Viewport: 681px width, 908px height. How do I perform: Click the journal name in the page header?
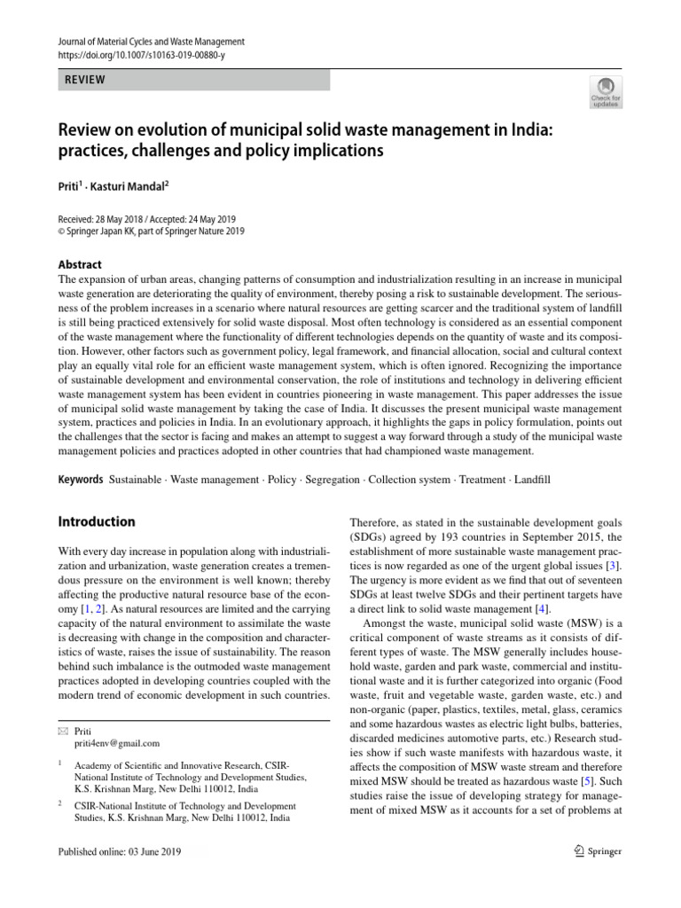point(150,42)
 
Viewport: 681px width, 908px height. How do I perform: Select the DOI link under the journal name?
point(142,55)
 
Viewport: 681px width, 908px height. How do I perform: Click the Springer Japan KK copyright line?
point(151,232)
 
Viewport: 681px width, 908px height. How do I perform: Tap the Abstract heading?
point(80,264)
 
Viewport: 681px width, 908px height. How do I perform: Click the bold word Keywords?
point(81,480)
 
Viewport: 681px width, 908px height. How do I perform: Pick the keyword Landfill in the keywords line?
point(531,480)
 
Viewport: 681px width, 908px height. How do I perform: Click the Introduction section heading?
point(97,521)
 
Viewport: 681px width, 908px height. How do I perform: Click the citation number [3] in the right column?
point(612,565)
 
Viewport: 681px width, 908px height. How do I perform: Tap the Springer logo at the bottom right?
point(598,851)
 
